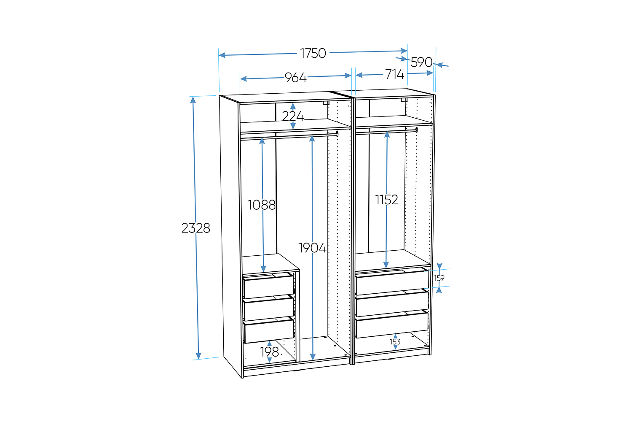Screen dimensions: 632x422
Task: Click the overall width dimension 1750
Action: (x=313, y=53)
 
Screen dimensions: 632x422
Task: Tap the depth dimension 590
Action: (x=421, y=62)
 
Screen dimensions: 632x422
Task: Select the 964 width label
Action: (x=295, y=78)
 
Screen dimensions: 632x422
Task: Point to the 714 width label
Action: (x=395, y=74)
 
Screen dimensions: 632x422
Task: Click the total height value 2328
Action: (x=196, y=228)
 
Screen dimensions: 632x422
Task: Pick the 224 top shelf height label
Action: (x=293, y=116)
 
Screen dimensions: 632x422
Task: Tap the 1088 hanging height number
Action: (x=262, y=205)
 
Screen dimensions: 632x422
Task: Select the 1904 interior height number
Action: (x=312, y=248)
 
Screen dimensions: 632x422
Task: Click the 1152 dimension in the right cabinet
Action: (x=386, y=200)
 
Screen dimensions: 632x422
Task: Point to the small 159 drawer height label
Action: (x=439, y=278)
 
